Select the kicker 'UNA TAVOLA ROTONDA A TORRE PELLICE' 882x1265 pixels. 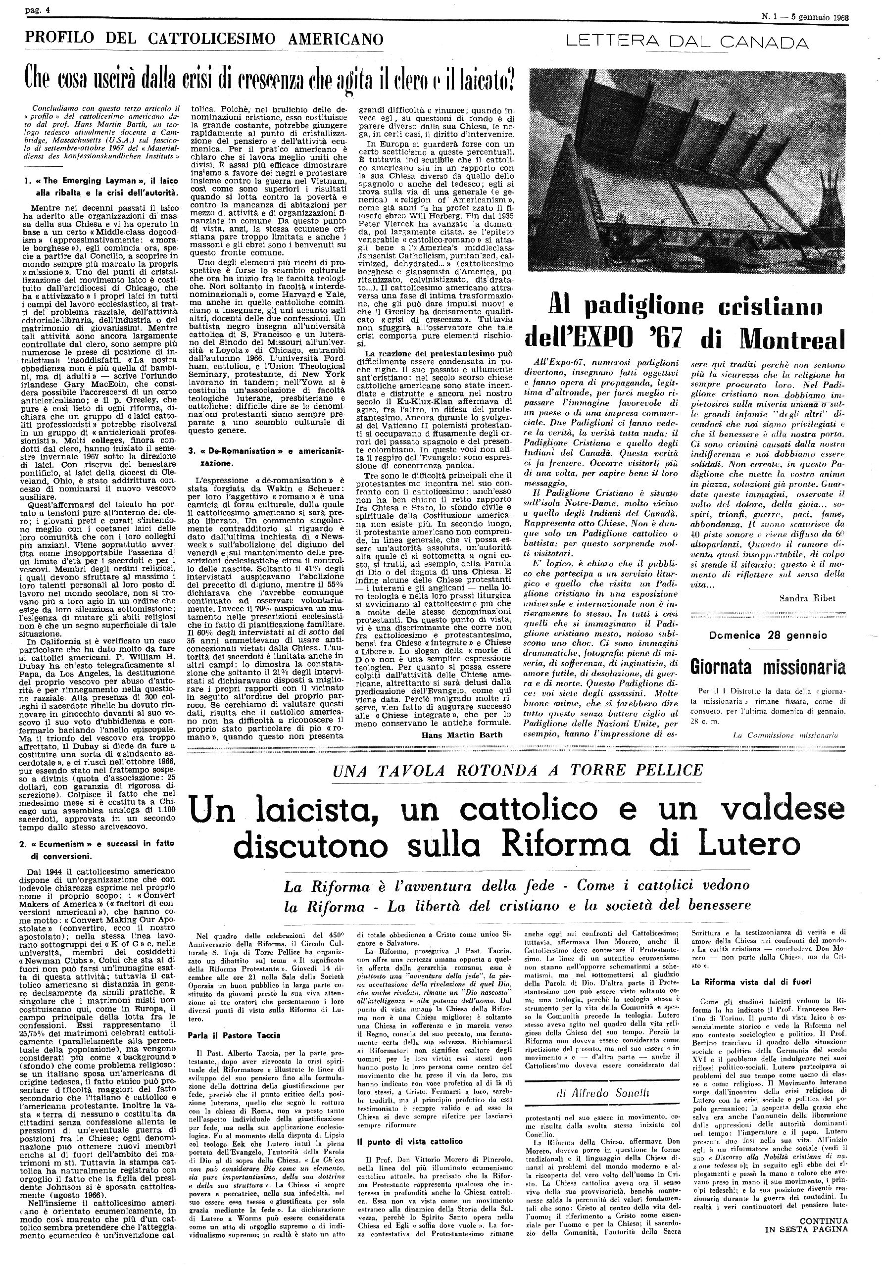coord(510,770)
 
